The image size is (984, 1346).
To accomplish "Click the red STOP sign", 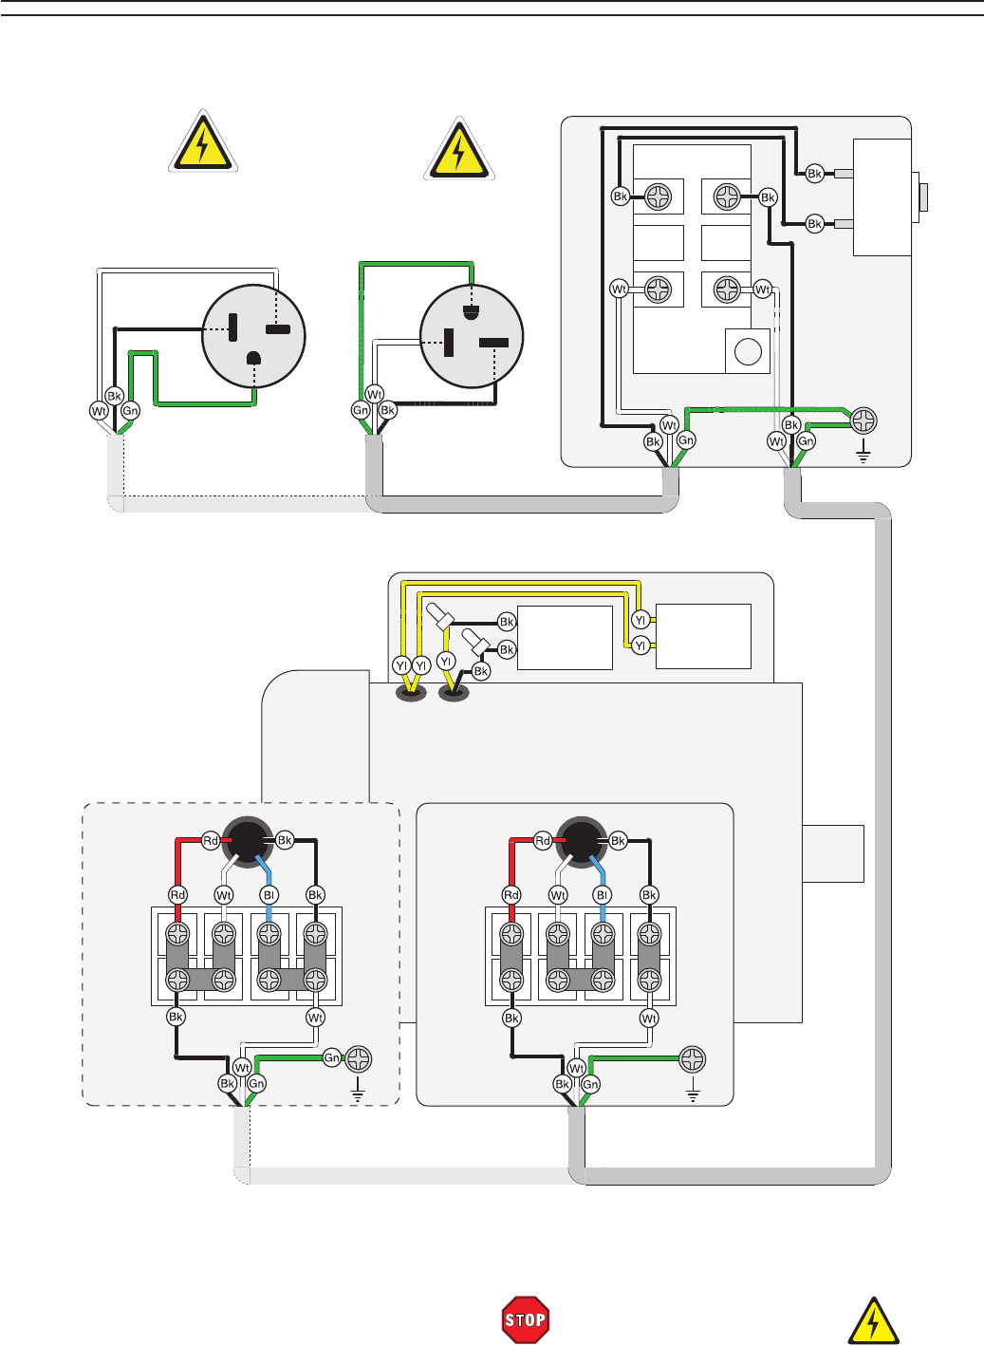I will click(x=525, y=1319).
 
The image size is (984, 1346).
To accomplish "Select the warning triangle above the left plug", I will click(x=201, y=142).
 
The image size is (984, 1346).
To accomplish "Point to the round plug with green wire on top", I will click(x=472, y=337).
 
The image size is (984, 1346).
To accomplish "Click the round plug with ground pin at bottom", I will click(x=253, y=337).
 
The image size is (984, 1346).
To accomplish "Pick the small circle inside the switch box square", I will click(x=748, y=351).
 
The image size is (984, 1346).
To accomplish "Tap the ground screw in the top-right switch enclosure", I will click(x=863, y=421).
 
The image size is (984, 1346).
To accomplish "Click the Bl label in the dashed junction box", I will click(x=269, y=895).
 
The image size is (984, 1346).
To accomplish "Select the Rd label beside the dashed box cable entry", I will click(x=211, y=840).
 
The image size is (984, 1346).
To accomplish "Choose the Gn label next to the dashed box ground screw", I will click(x=331, y=1057).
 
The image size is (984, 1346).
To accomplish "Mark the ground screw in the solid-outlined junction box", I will click(x=693, y=1058).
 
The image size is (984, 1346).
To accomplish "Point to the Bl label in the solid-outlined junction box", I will click(x=602, y=895).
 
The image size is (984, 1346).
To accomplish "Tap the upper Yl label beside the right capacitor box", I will click(x=641, y=621).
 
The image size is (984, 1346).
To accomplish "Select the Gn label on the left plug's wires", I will click(x=130, y=411).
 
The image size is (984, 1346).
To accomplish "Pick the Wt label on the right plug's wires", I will click(x=374, y=395).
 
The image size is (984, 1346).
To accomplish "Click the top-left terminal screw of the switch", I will click(x=658, y=197).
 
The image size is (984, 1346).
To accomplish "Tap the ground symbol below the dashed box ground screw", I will click(x=358, y=1091).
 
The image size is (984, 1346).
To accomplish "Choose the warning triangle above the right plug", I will click(x=458, y=150).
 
